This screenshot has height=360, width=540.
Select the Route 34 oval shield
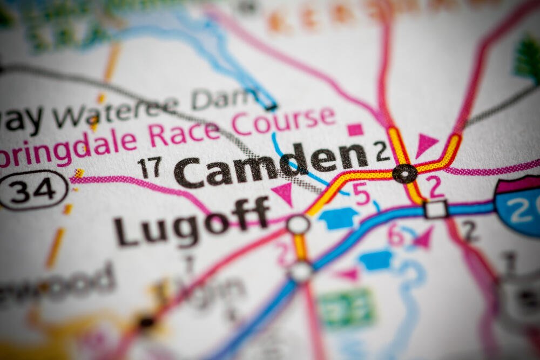tap(33, 189)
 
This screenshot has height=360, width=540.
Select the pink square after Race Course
tap(355, 130)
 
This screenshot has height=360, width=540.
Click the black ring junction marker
tap(404, 174)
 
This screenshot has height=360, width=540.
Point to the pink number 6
tap(396, 236)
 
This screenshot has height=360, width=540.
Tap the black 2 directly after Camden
tap(382, 152)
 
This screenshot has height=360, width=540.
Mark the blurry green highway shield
tap(346, 308)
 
